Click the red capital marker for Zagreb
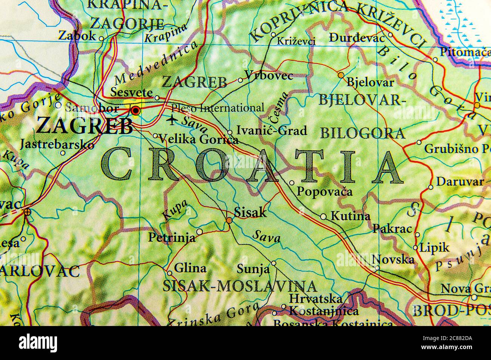(135, 111)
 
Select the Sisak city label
(250, 212)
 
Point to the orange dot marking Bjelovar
(341, 75)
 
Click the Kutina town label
(350, 216)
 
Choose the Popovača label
(324, 191)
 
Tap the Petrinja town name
(172, 238)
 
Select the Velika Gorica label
(198, 140)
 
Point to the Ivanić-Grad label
(272, 131)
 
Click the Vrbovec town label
(269, 76)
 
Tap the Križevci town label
(296, 41)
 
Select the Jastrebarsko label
(57, 144)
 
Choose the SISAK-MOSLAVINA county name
(239, 286)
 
